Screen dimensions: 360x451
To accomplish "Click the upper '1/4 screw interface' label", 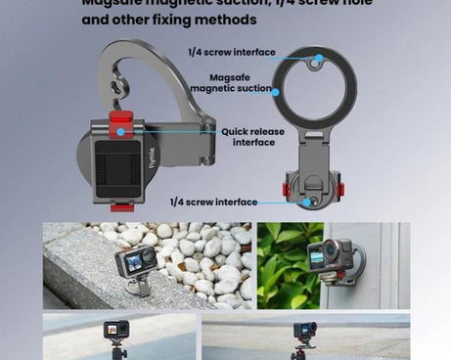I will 232,52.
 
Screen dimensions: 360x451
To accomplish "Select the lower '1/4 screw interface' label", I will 213,202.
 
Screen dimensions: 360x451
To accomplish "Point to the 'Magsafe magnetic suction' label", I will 232,82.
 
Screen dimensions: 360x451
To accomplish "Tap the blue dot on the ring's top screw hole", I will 316,59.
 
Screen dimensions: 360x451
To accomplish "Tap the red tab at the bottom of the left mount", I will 120,206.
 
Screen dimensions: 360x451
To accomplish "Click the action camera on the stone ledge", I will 136,262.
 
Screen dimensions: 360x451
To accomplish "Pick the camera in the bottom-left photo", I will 116,330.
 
